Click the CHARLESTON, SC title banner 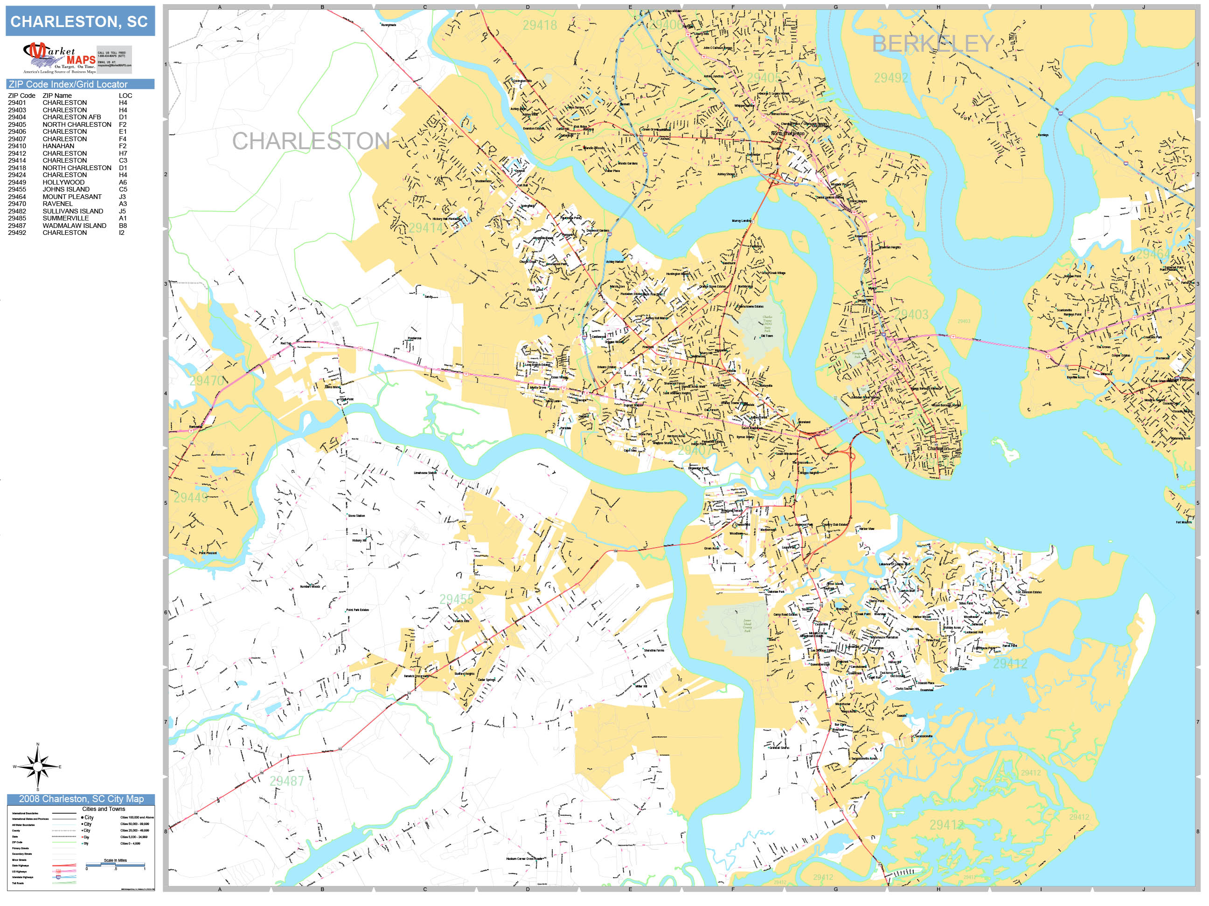(x=80, y=21)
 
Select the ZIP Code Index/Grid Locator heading (x=68, y=84)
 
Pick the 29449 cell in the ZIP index (x=17, y=182)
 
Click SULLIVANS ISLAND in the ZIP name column (x=73, y=211)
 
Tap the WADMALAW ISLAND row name (x=74, y=226)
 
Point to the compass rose (x=38, y=767)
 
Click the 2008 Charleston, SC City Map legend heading (x=81, y=799)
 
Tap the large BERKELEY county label (x=932, y=44)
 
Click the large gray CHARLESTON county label (x=311, y=141)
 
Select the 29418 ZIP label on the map (x=540, y=25)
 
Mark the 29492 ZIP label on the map (x=891, y=78)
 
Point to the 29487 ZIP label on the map (x=286, y=781)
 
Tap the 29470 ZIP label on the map (x=207, y=380)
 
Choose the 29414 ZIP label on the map (x=426, y=228)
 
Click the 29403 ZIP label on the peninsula (x=911, y=315)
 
